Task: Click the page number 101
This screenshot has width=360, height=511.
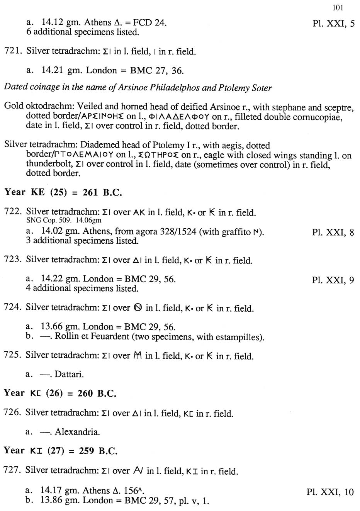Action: coord(337,7)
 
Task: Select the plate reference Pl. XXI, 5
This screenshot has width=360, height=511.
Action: coord(333,24)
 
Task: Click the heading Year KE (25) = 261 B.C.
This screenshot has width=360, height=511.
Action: coord(63,192)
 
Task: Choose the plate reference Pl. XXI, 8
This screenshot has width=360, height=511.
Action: coord(333,232)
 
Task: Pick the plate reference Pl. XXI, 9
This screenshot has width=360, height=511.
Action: coord(333,280)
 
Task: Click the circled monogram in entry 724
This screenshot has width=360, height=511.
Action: coord(138,308)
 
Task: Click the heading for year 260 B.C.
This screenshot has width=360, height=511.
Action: coord(60,393)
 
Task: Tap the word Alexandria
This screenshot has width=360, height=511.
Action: coord(77,431)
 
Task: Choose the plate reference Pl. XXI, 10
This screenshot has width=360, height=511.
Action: coord(330,492)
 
